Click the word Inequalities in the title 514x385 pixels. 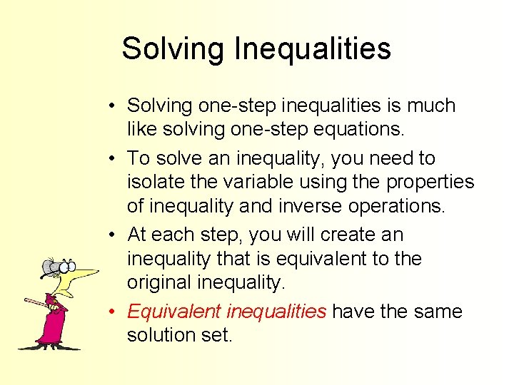(x=313, y=49)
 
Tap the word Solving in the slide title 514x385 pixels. (x=173, y=49)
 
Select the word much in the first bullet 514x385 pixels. (x=430, y=106)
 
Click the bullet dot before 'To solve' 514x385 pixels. (x=114, y=158)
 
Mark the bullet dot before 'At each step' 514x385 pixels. (x=114, y=235)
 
